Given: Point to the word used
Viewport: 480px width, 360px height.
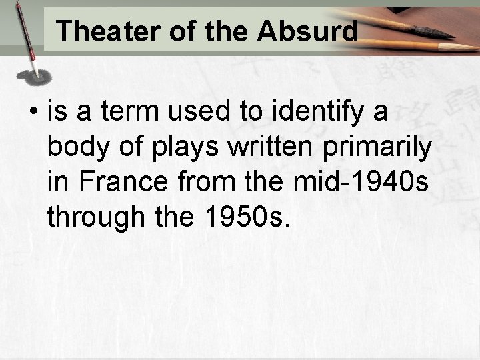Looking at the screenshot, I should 200,113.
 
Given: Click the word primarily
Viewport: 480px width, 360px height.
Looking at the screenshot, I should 378,148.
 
